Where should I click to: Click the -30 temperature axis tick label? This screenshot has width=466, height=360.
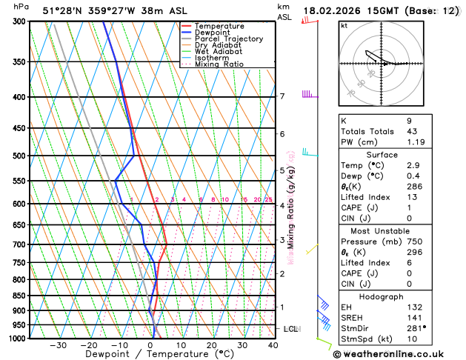pos(58,345)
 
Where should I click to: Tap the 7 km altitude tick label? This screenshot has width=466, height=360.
pos(282,97)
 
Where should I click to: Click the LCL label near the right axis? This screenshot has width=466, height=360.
pos(290,328)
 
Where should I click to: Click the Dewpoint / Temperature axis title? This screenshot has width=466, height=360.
pos(150,354)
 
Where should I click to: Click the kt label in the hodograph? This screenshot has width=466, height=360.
pos(344,25)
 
